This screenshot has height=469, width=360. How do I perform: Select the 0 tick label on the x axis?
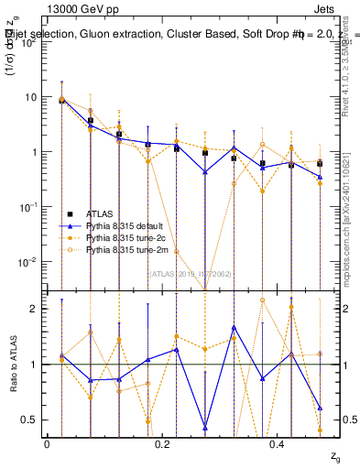click(x=47, y=443)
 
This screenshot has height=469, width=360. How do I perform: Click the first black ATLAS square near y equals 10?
click(x=61, y=100)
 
